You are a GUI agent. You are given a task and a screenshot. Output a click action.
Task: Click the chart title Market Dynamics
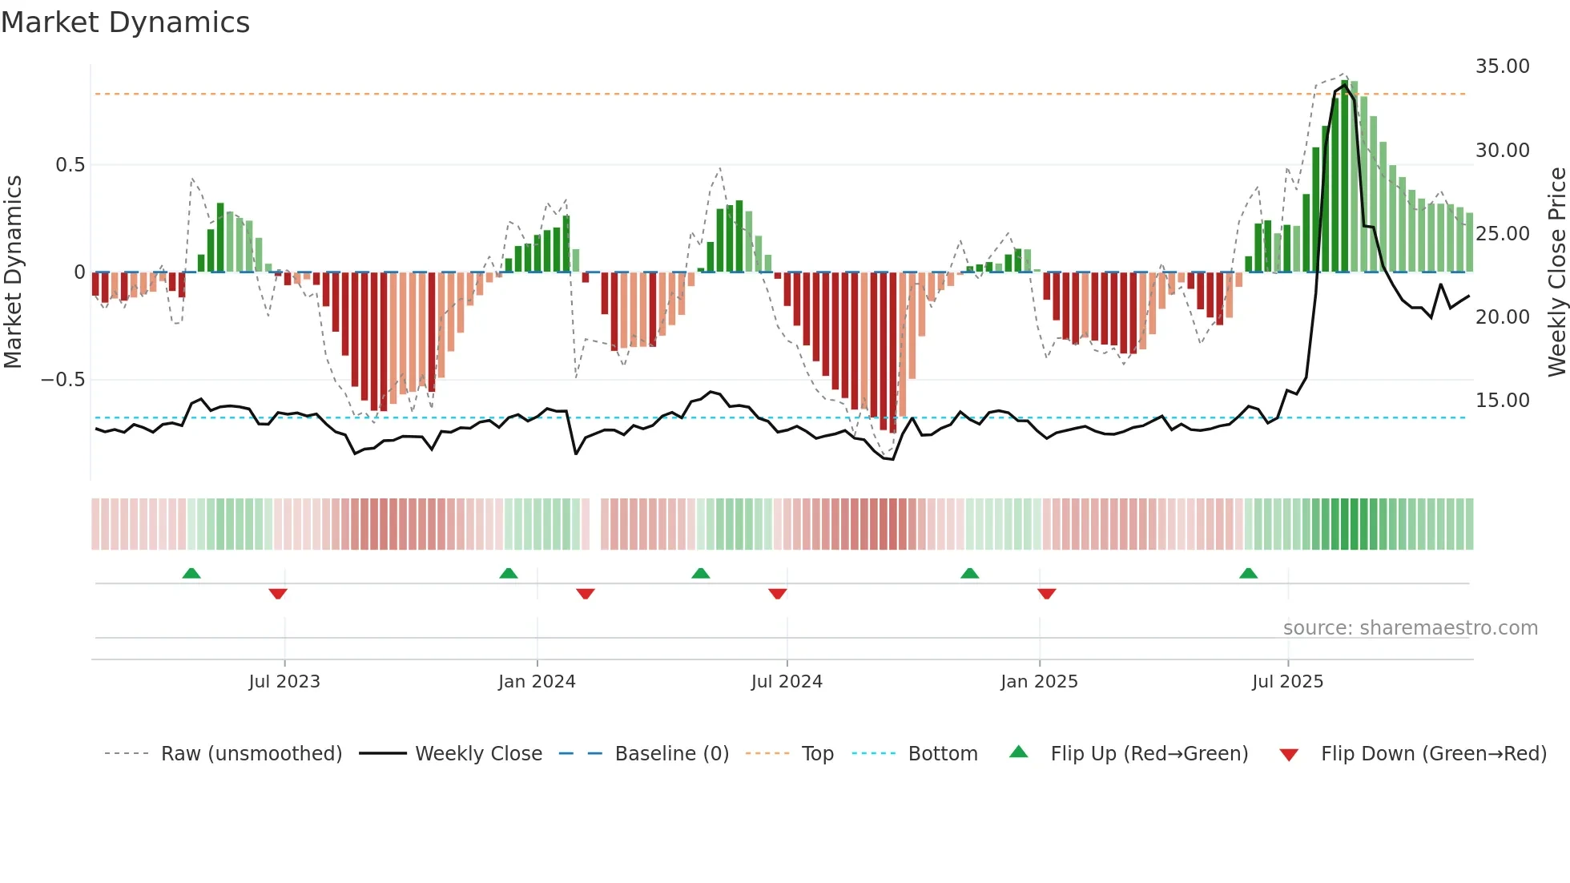tap(125, 22)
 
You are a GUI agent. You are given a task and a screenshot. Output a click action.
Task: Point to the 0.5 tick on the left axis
tap(70, 165)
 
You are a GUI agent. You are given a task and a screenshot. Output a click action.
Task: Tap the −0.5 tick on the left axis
tap(63, 380)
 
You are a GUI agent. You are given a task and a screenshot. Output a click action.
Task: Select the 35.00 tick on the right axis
tap(1502, 67)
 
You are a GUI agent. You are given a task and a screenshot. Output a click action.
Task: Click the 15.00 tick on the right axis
tap(1502, 401)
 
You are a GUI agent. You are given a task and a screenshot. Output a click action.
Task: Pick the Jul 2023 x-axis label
tap(284, 682)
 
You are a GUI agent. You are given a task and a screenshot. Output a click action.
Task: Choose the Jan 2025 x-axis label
tap(1039, 682)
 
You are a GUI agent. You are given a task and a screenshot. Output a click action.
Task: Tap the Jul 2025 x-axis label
tap(1287, 682)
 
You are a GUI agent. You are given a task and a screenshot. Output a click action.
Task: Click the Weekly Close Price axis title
tap(1556, 272)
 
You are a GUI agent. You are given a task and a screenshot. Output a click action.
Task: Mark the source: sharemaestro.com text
tap(1410, 628)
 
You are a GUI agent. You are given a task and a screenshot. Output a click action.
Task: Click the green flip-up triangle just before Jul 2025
tap(1248, 573)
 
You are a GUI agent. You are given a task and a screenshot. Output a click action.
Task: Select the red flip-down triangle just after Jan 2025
tap(1046, 594)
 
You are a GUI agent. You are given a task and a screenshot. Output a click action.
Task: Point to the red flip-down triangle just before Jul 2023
tap(278, 594)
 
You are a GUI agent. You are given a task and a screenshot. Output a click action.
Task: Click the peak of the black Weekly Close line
tap(1345, 84)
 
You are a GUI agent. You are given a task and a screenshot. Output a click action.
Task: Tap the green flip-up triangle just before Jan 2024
tap(508, 573)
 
